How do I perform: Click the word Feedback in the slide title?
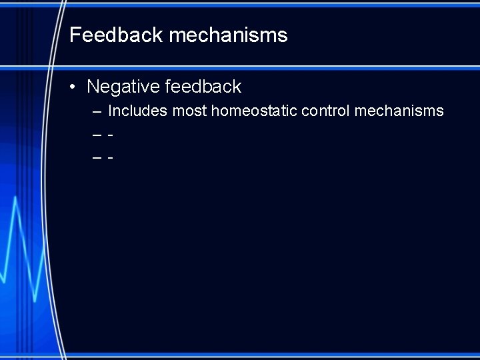pyautogui.click(x=117, y=35)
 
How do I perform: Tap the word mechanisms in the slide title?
pyautogui.click(x=229, y=35)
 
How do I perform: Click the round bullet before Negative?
pyautogui.click(x=77, y=87)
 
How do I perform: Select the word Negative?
pyautogui.click(x=123, y=87)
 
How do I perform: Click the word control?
pyautogui.click(x=325, y=111)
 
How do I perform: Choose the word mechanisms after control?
pyautogui.click(x=399, y=111)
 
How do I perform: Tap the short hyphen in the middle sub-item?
pyautogui.click(x=110, y=135)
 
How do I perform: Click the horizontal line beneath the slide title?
pyautogui.click(x=267, y=67)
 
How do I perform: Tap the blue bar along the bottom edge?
pyautogui.click(x=267, y=355)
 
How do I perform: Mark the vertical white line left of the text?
pyautogui.click(x=49, y=200)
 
